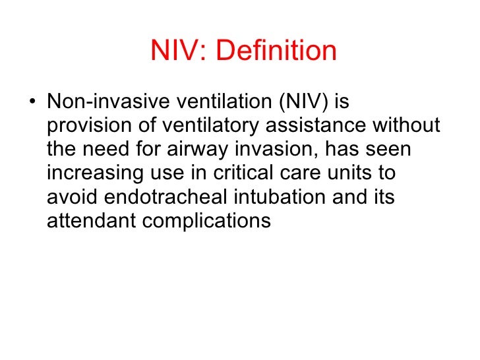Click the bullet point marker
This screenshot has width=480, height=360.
pyautogui.click(x=32, y=103)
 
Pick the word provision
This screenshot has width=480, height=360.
pyautogui.click(x=87, y=126)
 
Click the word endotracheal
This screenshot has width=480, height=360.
pyautogui.click(x=163, y=197)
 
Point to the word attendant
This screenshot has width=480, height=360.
pyautogui.click(x=92, y=221)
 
